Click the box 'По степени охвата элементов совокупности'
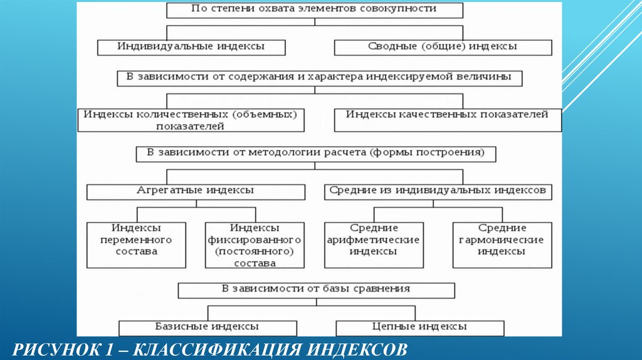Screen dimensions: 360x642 point(314,10)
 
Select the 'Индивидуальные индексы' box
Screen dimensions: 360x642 point(191,47)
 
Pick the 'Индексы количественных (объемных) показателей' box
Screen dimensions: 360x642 point(191,120)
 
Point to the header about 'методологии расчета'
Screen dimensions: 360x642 point(316,154)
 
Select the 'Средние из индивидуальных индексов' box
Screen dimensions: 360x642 point(438,191)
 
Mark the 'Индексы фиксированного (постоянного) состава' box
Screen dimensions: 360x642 point(255,245)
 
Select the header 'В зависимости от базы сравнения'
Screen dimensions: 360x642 point(316,290)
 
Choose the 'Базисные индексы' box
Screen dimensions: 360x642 point(207,327)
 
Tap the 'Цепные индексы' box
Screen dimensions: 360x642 point(420,327)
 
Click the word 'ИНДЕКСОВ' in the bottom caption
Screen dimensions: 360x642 point(357,348)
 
